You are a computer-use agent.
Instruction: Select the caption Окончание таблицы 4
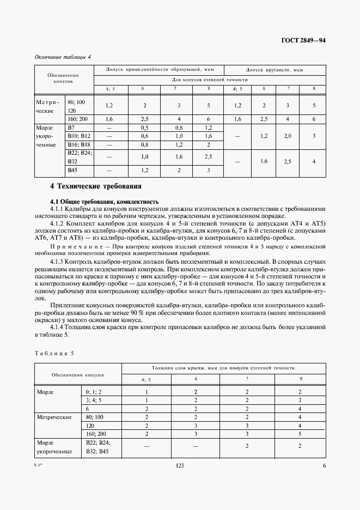coord(63,57)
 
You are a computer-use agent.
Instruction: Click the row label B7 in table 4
coord(70,127)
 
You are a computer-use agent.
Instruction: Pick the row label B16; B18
coord(78,145)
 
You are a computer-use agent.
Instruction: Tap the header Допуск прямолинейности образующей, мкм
coord(158,70)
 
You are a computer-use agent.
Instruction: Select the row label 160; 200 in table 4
coord(77,118)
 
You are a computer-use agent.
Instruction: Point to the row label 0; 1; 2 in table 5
coord(94,392)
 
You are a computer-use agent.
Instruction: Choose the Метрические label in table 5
coord(54,417)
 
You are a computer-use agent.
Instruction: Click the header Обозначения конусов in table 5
coord(78,375)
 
